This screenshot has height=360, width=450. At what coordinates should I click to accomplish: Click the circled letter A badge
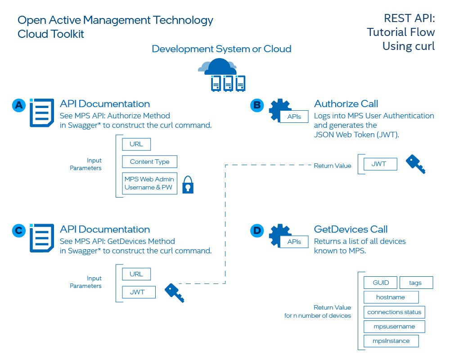coord(18,105)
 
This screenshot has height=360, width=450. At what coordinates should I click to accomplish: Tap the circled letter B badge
coord(257,105)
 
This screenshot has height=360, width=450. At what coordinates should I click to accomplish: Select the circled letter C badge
coord(18,231)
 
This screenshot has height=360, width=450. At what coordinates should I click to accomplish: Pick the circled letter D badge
coord(257,231)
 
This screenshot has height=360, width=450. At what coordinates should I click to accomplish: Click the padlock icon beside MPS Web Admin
coord(188,184)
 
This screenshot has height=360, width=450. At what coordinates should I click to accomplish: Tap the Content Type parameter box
coord(149,162)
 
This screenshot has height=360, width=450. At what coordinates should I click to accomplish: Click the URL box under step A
coord(136,144)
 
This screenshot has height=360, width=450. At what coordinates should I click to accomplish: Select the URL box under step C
coord(136,274)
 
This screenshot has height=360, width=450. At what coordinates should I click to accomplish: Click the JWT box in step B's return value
coord(379,164)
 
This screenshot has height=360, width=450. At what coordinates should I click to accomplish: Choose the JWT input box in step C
coord(139,292)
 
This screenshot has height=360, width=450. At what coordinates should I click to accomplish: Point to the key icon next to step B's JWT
coord(415,164)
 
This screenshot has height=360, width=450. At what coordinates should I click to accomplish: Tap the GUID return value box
coord(380,283)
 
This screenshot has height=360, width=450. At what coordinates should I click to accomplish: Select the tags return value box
coord(416,283)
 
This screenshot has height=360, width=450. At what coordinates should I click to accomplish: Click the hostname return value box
coord(391,297)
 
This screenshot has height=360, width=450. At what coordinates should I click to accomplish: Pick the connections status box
coord(394,312)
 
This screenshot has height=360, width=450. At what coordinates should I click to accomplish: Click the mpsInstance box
coord(391,341)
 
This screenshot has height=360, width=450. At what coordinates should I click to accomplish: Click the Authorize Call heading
coord(346,104)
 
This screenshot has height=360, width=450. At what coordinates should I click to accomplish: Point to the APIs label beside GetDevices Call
coord(294,242)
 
